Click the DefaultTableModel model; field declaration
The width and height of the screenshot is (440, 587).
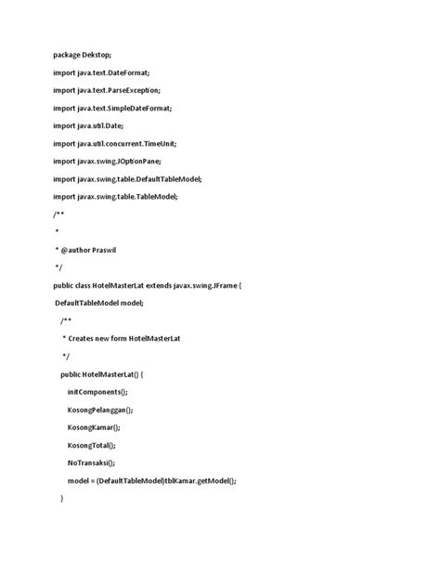click(x=105, y=303)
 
